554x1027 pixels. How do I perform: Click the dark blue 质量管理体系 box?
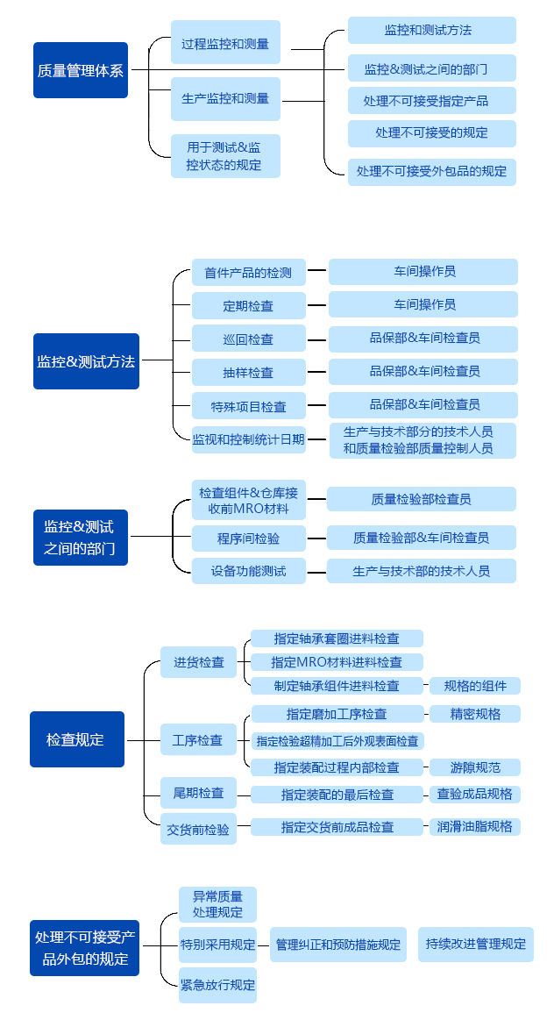pyautogui.click(x=81, y=70)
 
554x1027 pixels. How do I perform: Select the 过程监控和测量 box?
pyautogui.click(x=225, y=43)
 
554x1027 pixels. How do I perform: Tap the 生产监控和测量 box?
pyautogui.click(x=225, y=99)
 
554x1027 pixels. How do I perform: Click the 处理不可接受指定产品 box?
pyautogui.click(x=431, y=101)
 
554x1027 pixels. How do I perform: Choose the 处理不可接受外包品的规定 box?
pyautogui.click(x=431, y=171)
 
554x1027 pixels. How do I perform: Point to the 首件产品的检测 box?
pyautogui.click(x=249, y=273)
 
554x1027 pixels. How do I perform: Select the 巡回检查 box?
pyautogui.click(x=249, y=339)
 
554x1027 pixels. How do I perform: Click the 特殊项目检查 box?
pyautogui.click(x=249, y=406)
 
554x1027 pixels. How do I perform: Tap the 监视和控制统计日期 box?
pyautogui.click(x=249, y=439)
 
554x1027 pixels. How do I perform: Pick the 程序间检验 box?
pyautogui.click(x=249, y=538)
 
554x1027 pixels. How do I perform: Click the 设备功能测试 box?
pyautogui.click(x=249, y=571)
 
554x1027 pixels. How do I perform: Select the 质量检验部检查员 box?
pyautogui.click(x=421, y=499)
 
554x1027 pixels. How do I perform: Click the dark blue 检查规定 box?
pyautogui.click(x=76, y=739)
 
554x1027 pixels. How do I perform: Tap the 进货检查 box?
pyautogui.click(x=198, y=662)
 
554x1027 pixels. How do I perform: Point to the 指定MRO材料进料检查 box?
pyautogui.click(x=337, y=662)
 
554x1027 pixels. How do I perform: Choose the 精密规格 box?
pyautogui.click(x=475, y=714)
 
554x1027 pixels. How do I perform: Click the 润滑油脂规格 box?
pyautogui.click(x=475, y=826)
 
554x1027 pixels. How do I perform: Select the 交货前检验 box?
pyautogui.click(x=198, y=829)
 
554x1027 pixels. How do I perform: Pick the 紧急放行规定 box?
pyautogui.click(x=217, y=985)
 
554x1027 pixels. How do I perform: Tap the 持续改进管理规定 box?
pyautogui.click(x=475, y=945)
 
